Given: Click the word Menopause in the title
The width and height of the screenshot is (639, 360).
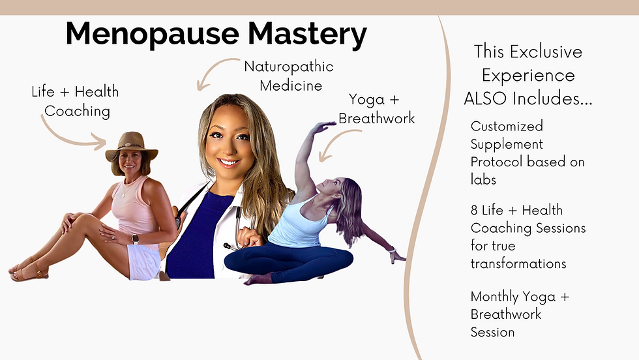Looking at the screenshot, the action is [x=153, y=35].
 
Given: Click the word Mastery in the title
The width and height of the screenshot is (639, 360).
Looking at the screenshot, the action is [x=308, y=35].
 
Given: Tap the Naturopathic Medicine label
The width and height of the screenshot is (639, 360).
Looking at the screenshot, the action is [x=289, y=76].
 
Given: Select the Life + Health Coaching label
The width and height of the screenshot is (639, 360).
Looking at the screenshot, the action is [x=76, y=101].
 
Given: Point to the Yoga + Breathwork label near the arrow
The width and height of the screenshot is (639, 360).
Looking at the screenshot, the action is [x=376, y=109].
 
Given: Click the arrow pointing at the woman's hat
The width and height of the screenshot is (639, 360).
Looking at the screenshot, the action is [x=67, y=139].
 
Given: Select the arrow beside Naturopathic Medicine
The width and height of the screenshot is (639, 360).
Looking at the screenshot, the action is [x=213, y=69].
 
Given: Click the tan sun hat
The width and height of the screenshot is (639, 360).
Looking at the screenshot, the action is [x=131, y=147].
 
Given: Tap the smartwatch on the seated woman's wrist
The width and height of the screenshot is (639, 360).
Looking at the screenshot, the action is [x=135, y=239].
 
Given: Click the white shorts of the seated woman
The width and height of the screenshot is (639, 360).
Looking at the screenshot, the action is [x=144, y=262].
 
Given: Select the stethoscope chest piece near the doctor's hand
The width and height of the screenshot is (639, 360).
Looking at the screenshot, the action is [x=228, y=247].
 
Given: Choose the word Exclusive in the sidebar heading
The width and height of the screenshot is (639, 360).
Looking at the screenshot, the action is [x=546, y=52].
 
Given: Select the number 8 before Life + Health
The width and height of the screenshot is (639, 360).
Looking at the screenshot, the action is [x=474, y=210].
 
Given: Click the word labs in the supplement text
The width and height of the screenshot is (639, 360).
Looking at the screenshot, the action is [x=483, y=179].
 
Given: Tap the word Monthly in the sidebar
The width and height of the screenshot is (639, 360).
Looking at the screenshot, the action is [x=493, y=297].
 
